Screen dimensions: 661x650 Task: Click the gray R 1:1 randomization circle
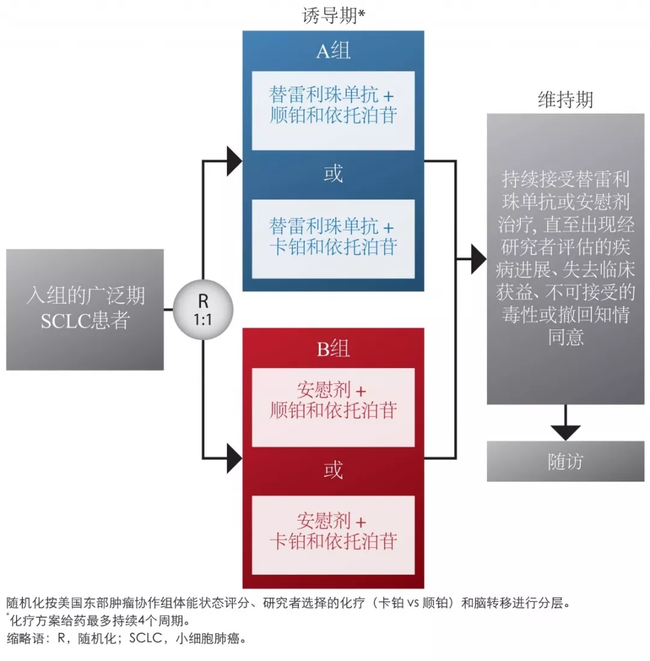coord(203,309)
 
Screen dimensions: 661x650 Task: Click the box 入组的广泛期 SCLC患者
coord(85,309)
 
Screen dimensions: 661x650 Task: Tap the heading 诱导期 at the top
coord(333,15)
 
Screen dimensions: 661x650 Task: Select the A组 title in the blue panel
coord(333,51)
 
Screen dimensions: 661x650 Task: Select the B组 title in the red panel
coord(333,348)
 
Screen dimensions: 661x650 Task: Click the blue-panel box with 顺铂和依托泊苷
coord(333,110)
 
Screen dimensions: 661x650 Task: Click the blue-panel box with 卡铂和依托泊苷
coord(333,239)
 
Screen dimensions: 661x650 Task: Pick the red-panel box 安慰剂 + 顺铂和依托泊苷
coord(333,407)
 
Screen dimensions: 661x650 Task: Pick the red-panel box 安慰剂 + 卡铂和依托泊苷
coord(333,534)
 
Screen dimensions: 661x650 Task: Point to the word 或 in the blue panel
coord(333,174)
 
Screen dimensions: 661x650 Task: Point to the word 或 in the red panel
coord(333,471)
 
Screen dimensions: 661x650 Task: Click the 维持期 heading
coord(565,100)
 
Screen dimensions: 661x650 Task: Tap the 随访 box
coord(565,462)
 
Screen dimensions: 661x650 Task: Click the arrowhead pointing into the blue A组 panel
coord(234,161)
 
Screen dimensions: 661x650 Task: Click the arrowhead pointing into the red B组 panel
coord(234,458)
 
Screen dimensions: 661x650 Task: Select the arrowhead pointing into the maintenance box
coord(478,259)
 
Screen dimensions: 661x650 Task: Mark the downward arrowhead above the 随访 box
coord(565,431)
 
